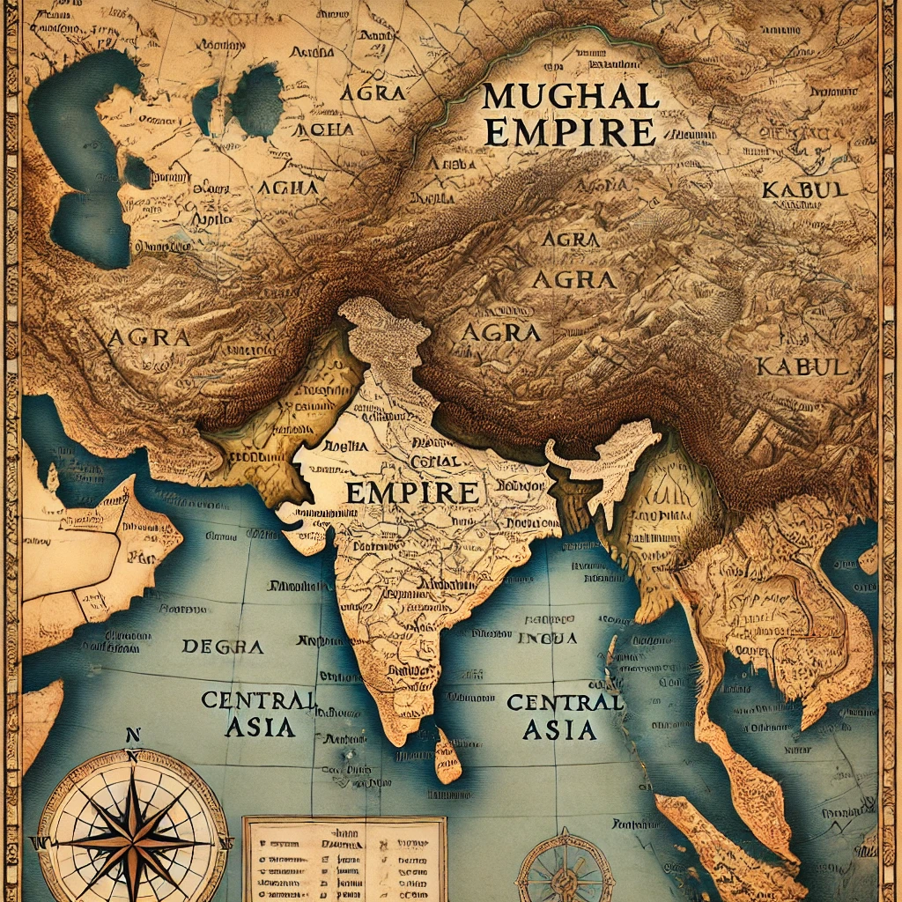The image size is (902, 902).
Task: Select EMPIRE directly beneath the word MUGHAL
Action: [570, 132]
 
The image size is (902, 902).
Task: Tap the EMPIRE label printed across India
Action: [411, 492]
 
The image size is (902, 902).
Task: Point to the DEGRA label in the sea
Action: [223, 647]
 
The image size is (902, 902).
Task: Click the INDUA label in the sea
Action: [547, 638]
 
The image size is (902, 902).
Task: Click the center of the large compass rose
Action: [133, 829]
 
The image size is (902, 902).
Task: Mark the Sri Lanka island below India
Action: [447, 758]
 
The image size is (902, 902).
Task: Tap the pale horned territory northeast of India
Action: [608, 462]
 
